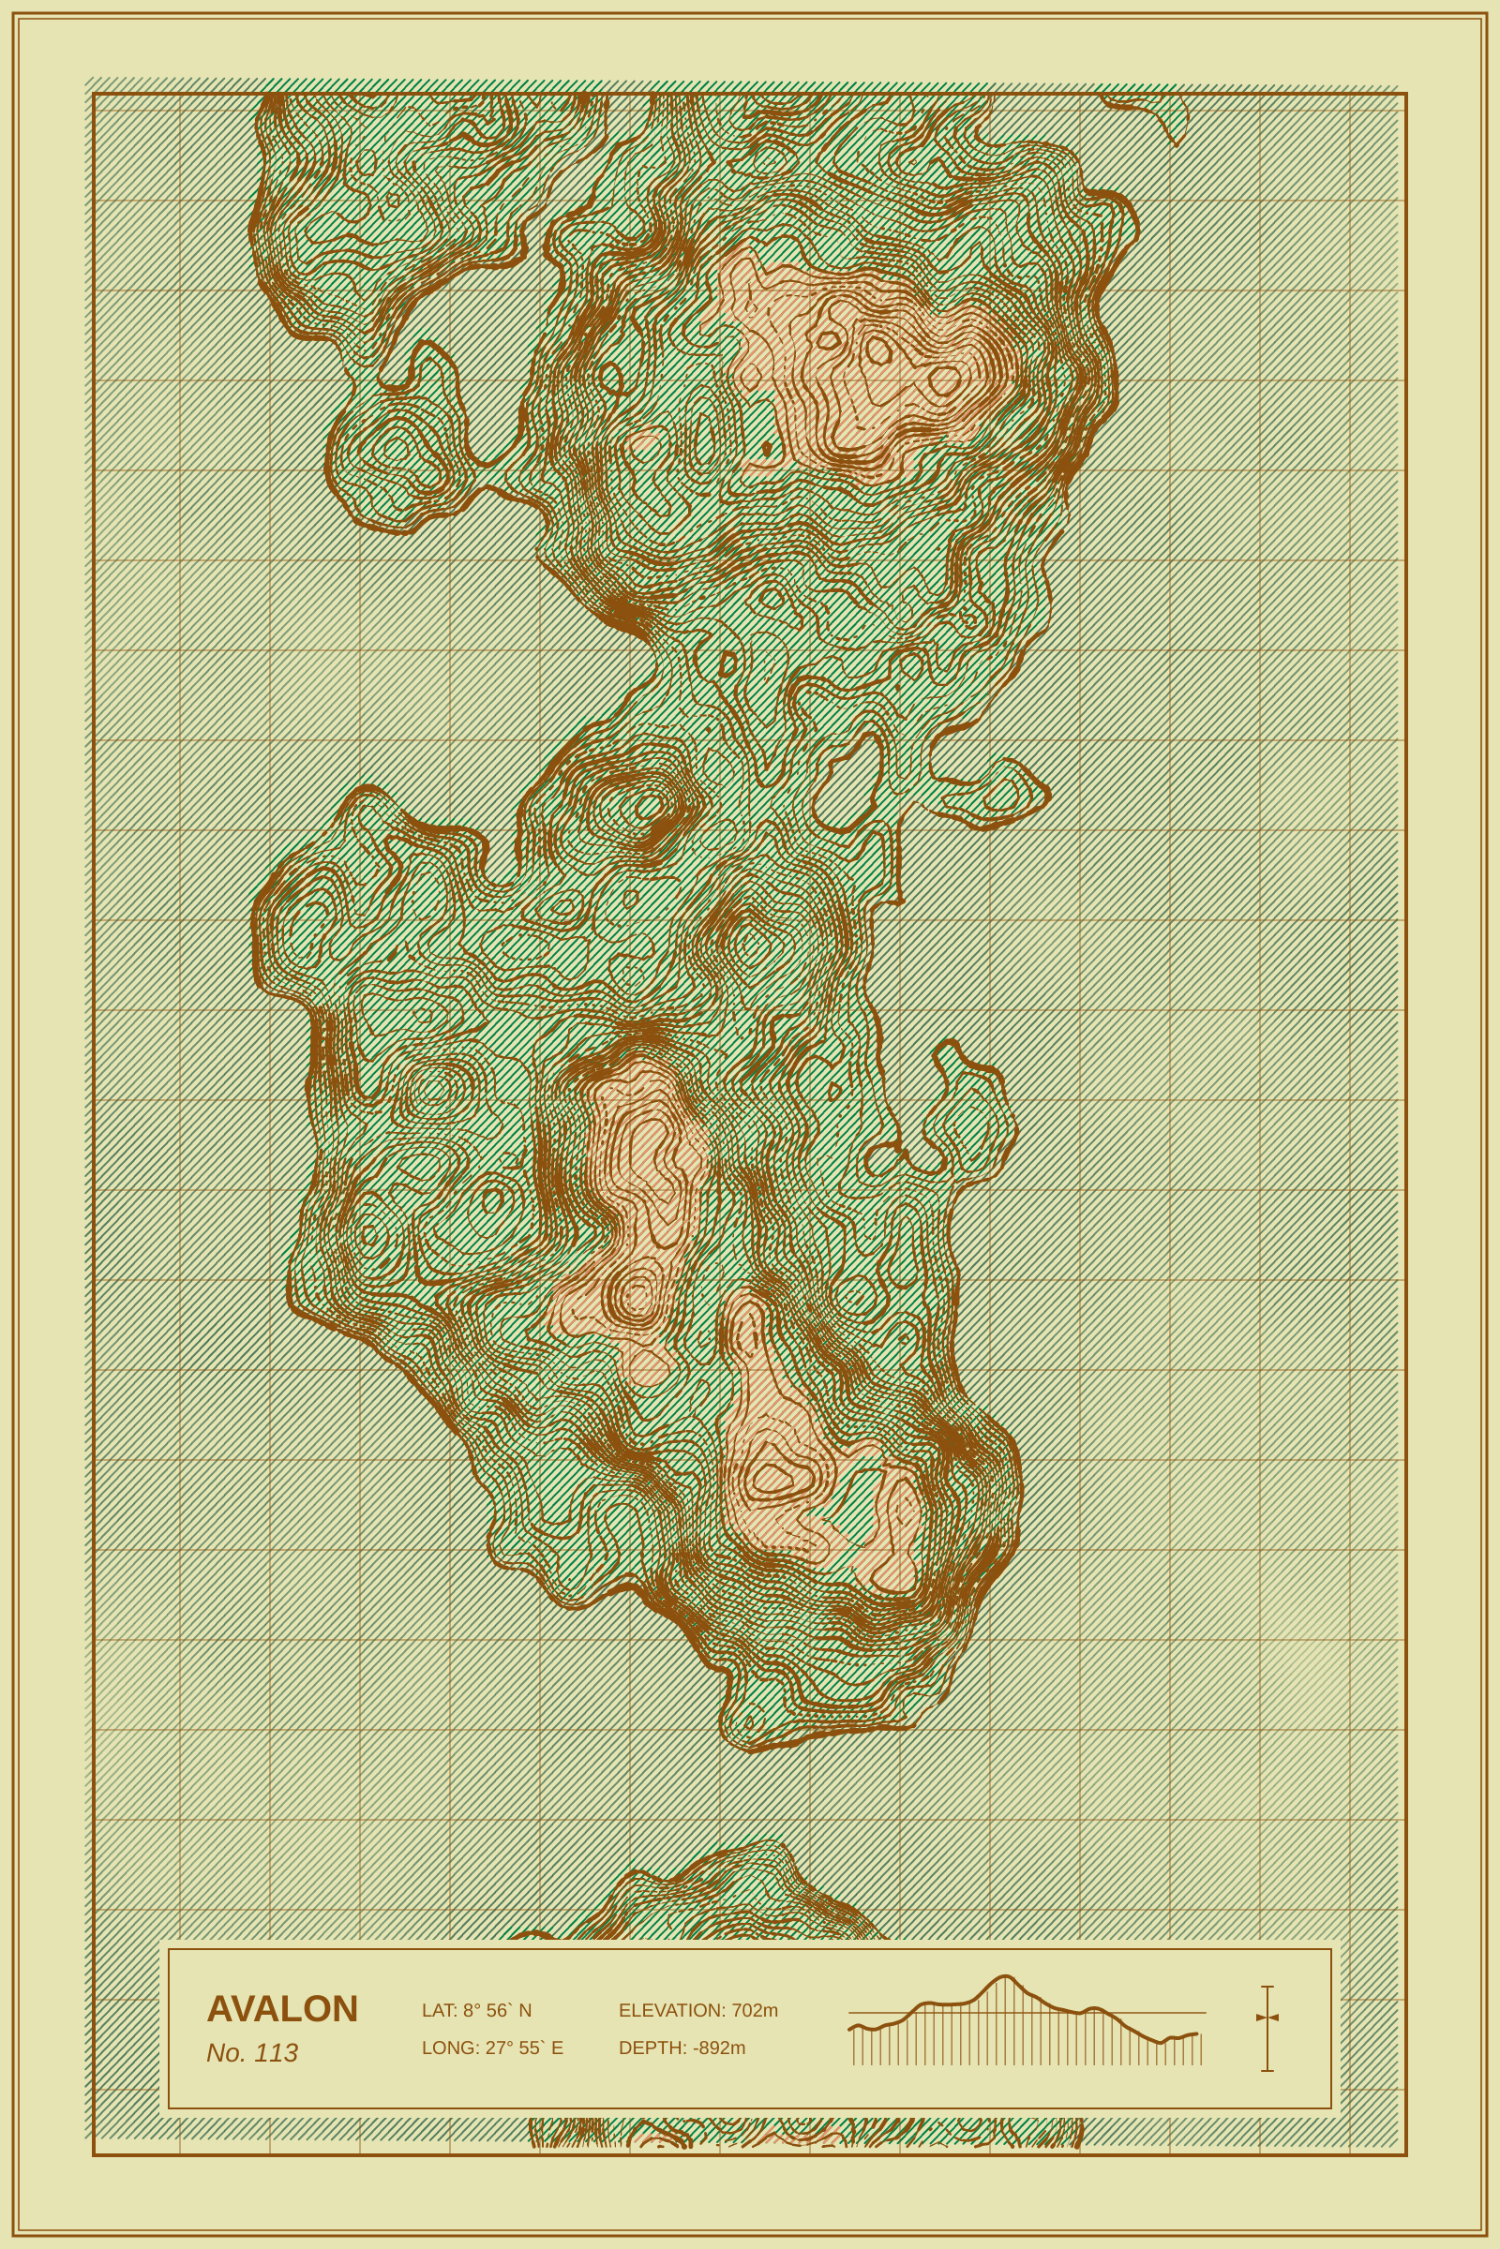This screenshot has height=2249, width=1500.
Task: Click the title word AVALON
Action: coord(282,2009)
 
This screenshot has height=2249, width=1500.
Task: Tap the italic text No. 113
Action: coord(251,2053)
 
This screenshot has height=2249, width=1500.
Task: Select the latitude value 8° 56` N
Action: coord(498,2010)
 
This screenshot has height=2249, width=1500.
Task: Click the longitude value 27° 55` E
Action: coord(524,2048)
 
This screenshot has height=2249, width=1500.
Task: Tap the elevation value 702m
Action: coord(755,2010)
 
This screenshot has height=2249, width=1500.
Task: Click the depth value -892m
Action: coord(719,2048)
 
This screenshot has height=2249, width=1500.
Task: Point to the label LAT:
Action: coord(439,2010)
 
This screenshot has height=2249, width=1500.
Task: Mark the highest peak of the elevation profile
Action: coord(1004,1975)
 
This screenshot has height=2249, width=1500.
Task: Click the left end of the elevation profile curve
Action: coord(849,2028)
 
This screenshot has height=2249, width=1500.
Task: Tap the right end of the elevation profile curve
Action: coord(1197,2033)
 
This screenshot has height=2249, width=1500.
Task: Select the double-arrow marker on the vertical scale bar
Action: coord(1267,2018)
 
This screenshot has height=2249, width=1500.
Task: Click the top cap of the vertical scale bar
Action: coord(1267,1987)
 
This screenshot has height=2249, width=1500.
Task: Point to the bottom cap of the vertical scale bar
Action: coord(1267,2071)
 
